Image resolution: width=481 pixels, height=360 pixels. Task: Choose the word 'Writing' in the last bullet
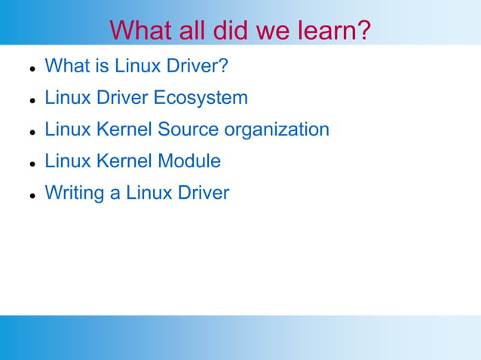click(x=75, y=194)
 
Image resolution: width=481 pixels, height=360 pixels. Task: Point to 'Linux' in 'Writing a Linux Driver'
click(x=148, y=193)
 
